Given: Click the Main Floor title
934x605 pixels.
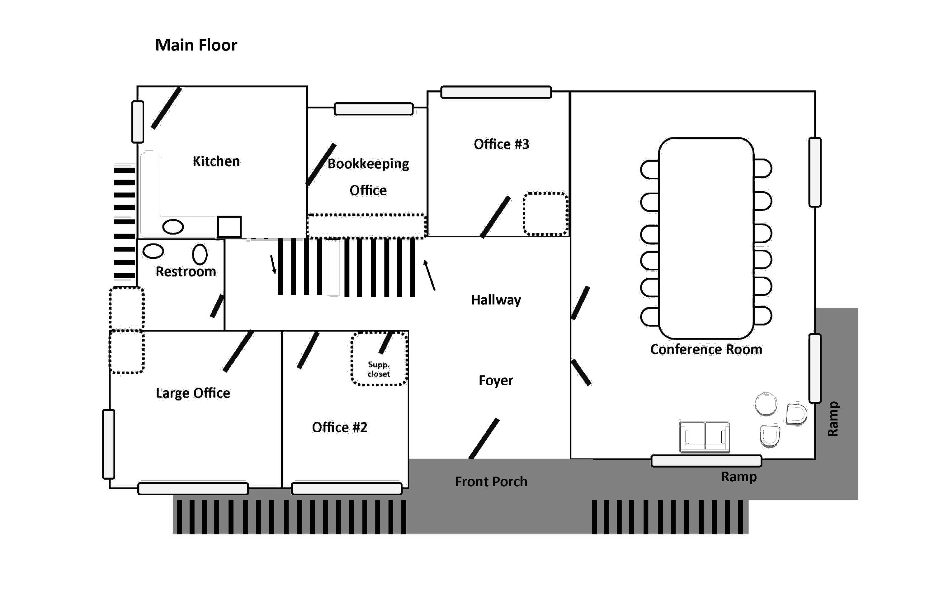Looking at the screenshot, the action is point(196,45).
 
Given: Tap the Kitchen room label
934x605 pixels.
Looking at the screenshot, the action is point(216,161).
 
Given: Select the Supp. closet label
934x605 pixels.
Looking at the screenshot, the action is point(379,369).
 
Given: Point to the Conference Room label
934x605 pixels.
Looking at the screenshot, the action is point(706,349).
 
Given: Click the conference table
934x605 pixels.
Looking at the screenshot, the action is point(706,238).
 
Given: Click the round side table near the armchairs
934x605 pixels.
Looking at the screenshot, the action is point(766,403).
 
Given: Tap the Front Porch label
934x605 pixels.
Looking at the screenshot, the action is point(491,482).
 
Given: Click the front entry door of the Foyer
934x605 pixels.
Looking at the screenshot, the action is point(484,439).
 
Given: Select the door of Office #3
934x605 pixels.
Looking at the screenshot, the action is point(495,217).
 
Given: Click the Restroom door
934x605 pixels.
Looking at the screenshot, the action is point(217,306).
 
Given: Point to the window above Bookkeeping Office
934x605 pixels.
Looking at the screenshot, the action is point(374,109).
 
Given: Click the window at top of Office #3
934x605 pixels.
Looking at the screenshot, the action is point(496,92).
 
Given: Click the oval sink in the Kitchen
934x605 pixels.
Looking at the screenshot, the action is point(173,227).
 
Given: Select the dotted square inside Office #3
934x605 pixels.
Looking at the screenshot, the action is point(545,214).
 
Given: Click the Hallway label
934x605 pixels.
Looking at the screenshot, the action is point(496,300).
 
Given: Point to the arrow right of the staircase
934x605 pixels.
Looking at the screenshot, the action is point(429,275).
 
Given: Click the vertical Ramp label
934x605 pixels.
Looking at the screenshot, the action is point(833,419).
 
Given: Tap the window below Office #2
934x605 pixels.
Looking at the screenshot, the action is point(347,488).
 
